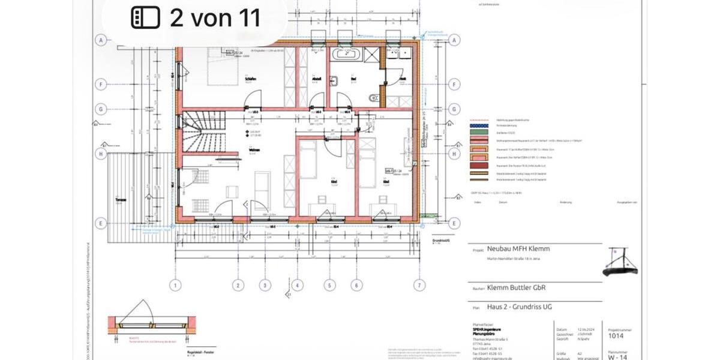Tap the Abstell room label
tap(317, 79)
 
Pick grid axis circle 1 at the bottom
tap(176, 285)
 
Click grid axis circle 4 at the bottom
tap(298, 285)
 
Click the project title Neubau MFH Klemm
tap(518, 248)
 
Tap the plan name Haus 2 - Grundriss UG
tap(520, 307)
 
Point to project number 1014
tap(616, 337)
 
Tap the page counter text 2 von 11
tap(215, 18)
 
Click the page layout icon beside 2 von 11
tap(145, 18)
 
